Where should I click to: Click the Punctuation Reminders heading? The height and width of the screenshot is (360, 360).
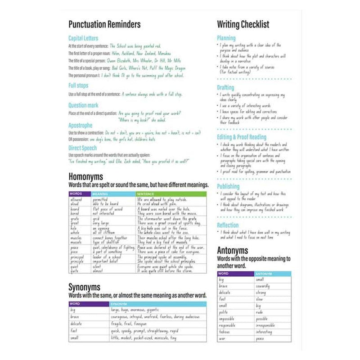(104, 24)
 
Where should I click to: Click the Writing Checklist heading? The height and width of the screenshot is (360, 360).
(243, 24)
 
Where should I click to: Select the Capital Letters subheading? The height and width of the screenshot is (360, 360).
(83, 38)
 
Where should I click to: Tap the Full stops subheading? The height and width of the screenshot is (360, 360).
(78, 85)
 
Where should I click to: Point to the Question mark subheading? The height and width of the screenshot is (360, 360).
(83, 105)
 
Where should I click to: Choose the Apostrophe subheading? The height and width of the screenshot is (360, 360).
(81, 126)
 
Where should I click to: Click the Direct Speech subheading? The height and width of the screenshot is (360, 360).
(82, 148)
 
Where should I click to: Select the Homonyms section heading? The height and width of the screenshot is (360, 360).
(85, 176)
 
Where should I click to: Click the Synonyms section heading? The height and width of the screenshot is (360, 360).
(84, 287)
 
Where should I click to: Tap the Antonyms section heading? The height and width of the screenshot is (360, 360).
(232, 251)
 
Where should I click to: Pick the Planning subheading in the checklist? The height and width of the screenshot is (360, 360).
(226, 38)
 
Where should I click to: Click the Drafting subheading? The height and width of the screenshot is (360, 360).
(225, 88)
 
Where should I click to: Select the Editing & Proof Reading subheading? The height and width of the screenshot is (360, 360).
(242, 137)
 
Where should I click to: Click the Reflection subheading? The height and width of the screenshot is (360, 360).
(228, 225)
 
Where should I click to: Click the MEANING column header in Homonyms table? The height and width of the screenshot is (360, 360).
(100, 194)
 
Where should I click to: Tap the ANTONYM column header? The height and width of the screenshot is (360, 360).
(264, 274)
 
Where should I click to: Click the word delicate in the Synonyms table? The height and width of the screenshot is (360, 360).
(76, 324)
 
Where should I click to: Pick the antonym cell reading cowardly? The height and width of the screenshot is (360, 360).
(263, 286)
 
